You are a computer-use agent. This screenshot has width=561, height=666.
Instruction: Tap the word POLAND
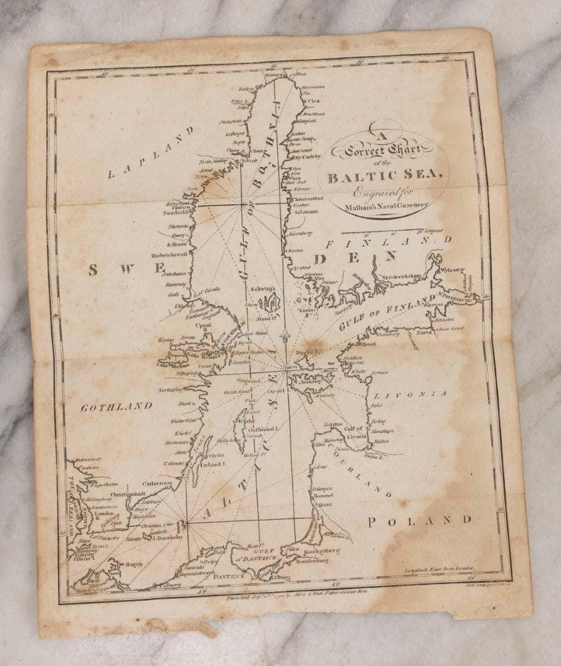419,520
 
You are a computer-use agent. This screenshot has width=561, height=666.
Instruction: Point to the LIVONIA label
413,393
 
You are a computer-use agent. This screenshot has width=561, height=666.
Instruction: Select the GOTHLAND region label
117,406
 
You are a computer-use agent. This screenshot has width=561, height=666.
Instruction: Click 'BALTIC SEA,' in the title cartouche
384,178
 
